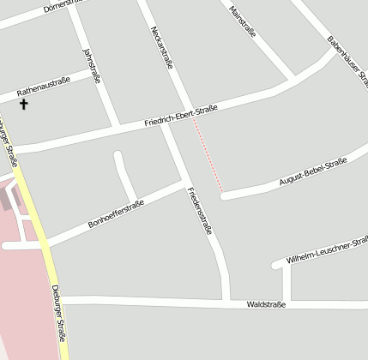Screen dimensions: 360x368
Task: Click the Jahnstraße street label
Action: [91, 66]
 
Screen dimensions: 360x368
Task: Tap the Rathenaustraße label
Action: [43, 86]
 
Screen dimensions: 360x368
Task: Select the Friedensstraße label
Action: [200, 211]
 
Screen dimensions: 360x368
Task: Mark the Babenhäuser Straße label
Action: [347, 60]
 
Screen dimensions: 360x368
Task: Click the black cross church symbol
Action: [23, 105]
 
